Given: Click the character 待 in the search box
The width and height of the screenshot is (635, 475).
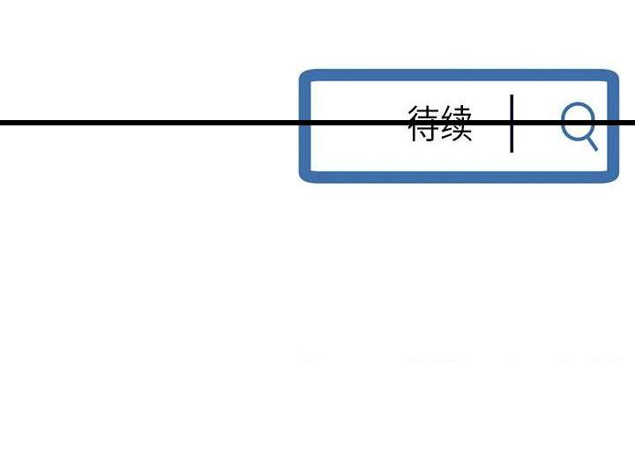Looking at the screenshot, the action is point(423,124).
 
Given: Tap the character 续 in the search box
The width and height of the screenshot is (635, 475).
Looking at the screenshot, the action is point(457,124).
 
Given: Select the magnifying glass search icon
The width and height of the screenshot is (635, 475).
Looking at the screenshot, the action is point(579,126).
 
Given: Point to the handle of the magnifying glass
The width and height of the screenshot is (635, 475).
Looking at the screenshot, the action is point(591,143).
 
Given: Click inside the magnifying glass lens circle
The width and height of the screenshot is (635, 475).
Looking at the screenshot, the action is point(578,121).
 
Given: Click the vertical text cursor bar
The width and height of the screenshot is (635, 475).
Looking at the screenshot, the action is point(512,124).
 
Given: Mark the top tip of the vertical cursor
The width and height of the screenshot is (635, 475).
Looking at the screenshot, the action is point(512,94).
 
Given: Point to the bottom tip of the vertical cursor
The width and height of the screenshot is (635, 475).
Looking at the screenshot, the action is point(512,153).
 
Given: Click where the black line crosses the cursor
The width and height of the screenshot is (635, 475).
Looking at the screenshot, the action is point(512,123).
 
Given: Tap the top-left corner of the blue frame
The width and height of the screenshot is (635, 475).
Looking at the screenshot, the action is point(300,72).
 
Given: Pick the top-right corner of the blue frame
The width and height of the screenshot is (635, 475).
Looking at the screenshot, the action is point(617,72).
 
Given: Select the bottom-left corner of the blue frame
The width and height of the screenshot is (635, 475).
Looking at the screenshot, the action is point(300,181).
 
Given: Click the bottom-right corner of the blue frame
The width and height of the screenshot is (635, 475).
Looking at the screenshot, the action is point(617,181).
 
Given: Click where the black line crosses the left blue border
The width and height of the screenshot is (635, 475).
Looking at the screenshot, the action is point(305,123).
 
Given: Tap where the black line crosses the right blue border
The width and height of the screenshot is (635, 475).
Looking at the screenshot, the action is point(613,123).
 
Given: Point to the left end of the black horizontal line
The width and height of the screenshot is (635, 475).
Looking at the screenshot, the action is point(0,123).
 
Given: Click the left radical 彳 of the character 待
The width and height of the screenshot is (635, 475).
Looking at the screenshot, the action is point(413,124).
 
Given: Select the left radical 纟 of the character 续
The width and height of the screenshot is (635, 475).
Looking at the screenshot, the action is point(447,124).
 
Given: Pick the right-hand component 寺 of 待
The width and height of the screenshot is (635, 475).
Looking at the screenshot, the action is point(430,124).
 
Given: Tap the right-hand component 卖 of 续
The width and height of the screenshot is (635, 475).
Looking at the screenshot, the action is point(463,124).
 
